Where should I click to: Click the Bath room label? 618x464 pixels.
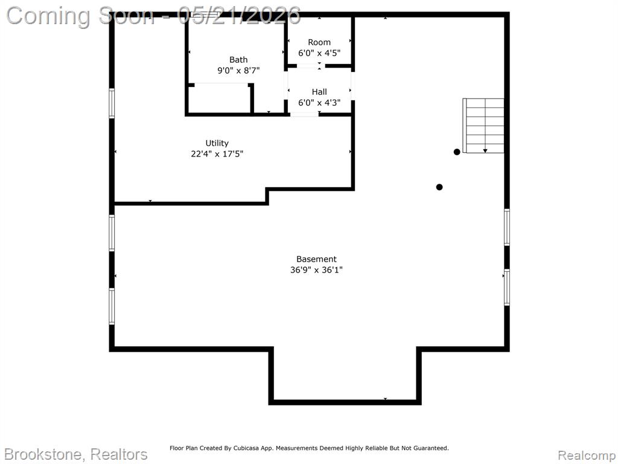click(238, 60)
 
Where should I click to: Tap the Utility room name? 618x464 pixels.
click(217, 143)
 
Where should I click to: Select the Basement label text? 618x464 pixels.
click(316, 259)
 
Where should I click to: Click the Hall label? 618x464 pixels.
click(319, 92)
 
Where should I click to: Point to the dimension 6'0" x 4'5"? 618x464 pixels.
click(319, 53)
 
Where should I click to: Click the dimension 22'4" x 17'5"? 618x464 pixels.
click(217, 154)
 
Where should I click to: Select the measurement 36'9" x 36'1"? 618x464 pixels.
click(316, 270)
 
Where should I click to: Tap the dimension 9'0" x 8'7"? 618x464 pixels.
click(238, 71)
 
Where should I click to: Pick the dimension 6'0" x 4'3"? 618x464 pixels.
click(319, 103)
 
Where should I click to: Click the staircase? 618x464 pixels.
click(483, 126)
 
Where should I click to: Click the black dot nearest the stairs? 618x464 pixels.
click(457, 152)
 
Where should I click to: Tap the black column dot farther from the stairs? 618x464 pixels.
click(439, 187)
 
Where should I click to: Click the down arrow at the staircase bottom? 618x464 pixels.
click(485, 150)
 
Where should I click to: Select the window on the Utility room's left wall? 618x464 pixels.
click(112, 103)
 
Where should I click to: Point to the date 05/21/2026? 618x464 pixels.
click(239, 16)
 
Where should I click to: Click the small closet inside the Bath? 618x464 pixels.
click(220, 98)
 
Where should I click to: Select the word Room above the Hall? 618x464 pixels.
click(319, 42)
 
